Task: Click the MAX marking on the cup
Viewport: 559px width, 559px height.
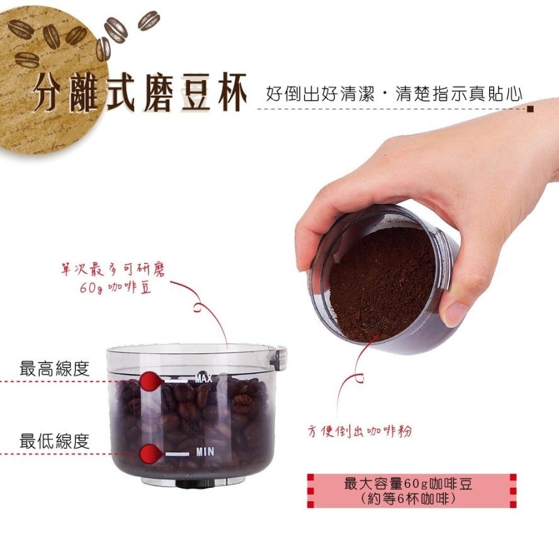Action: [x=203, y=378]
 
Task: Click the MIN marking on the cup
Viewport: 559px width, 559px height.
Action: [x=205, y=451]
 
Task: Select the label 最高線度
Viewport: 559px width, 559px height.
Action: [x=55, y=369]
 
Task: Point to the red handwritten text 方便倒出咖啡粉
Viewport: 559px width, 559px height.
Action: [x=361, y=432]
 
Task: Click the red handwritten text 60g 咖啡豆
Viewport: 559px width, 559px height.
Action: [x=116, y=289]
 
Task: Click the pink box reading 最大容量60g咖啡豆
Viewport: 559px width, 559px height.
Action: [x=407, y=484]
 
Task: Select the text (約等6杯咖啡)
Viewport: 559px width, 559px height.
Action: [x=407, y=499]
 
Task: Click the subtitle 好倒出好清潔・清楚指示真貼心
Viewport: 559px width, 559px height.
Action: [x=394, y=95]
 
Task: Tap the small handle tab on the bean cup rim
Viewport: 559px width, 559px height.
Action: [x=277, y=357]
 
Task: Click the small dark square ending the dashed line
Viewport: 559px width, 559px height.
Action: [x=530, y=109]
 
